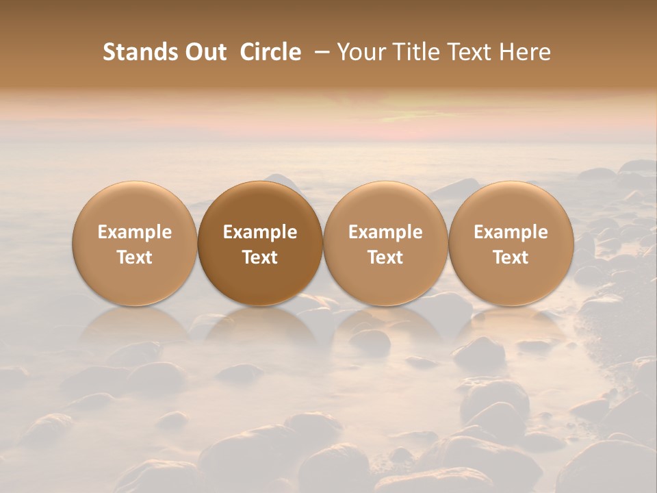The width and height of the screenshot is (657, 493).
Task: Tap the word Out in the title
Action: (x=204, y=52)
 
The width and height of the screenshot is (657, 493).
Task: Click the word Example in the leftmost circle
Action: (x=135, y=232)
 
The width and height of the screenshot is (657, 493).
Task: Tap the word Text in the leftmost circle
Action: (x=135, y=257)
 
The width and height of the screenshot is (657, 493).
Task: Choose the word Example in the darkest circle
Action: (x=260, y=232)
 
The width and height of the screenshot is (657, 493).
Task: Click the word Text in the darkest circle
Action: (x=260, y=257)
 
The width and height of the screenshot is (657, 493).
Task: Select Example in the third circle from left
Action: (x=385, y=232)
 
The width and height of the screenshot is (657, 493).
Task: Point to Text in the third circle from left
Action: (x=385, y=257)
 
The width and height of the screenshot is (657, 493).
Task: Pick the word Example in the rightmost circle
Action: (x=511, y=232)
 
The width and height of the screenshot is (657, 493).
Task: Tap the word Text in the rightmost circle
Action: (x=511, y=257)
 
